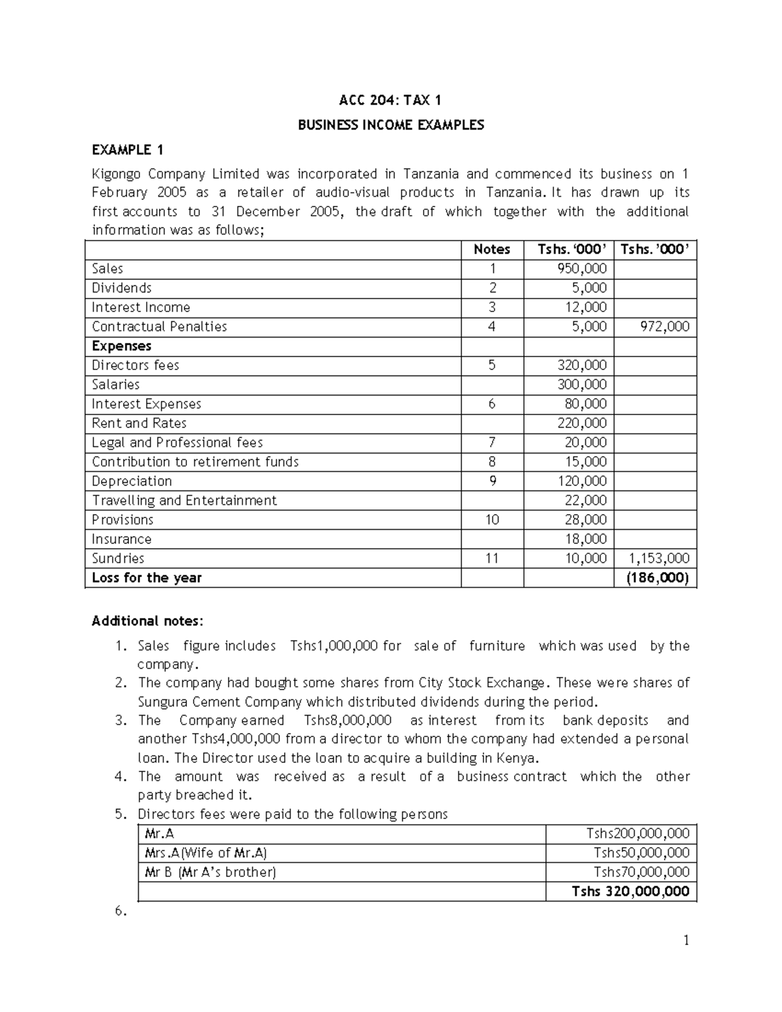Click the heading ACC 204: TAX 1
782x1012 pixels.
click(x=390, y=100)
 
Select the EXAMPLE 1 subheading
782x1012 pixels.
click(x=128, y=150)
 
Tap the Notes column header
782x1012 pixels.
click(x=491, y=249)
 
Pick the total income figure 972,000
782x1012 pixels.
click(x=664, y=326)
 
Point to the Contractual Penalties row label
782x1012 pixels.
click(x=159, y=326)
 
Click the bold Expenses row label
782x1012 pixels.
click(x=121, y=346)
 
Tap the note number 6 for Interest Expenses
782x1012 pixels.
click(x=492, y=404)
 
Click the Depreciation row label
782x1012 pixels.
click(x=132, y=481)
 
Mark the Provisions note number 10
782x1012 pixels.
click(x=492, y=519)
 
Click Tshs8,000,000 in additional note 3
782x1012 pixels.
click(x=348, y=720)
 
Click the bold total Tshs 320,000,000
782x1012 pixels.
click(x=630, y=891)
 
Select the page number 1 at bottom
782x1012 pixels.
click(x=686, y=940)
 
